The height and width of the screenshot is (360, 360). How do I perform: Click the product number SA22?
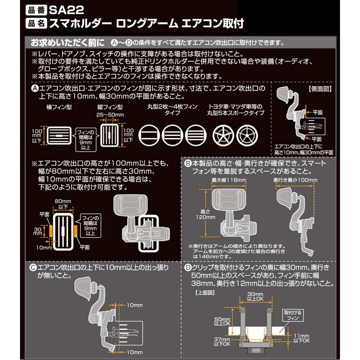[x=67, y=8]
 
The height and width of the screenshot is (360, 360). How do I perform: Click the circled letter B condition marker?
[x=188, y=164]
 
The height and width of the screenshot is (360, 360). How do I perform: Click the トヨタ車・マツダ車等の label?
[x=236, y=107]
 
